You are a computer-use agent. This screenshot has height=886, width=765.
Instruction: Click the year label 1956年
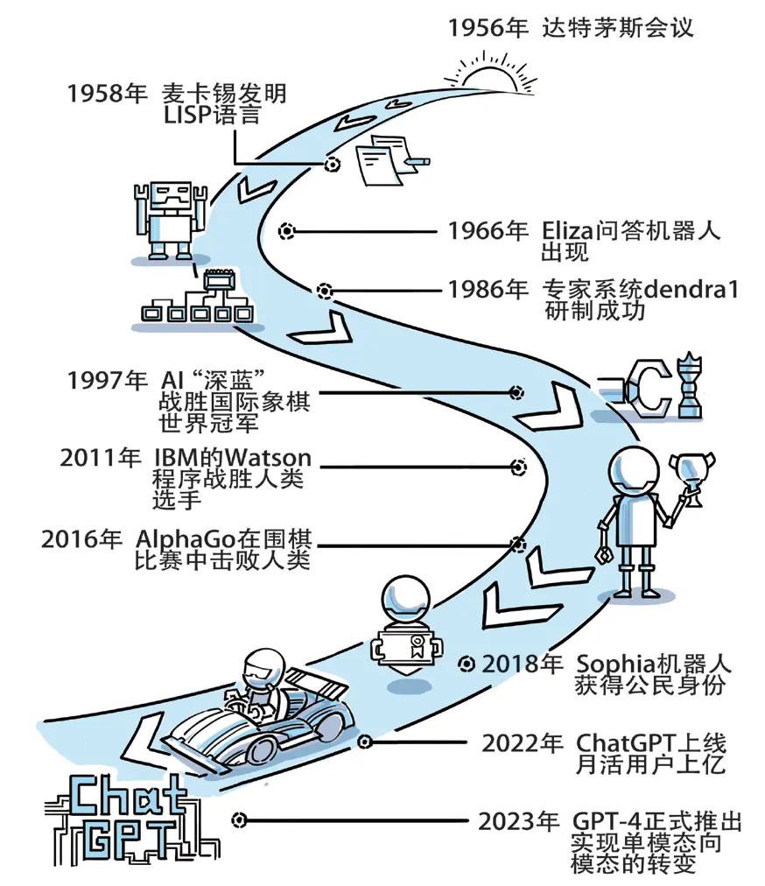tap(488, 28)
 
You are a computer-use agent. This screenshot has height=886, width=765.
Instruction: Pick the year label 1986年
tap(488, 289)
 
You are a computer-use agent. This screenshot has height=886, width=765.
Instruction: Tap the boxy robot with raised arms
tap(170, 219)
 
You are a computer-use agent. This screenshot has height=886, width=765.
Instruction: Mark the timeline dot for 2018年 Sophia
tap(467, 663)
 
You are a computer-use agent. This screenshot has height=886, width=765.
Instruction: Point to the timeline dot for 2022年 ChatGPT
tap(366, 742)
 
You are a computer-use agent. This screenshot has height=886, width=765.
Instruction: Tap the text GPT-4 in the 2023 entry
tap(605, 822)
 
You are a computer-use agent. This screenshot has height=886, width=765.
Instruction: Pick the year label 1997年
tap(107, 381)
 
